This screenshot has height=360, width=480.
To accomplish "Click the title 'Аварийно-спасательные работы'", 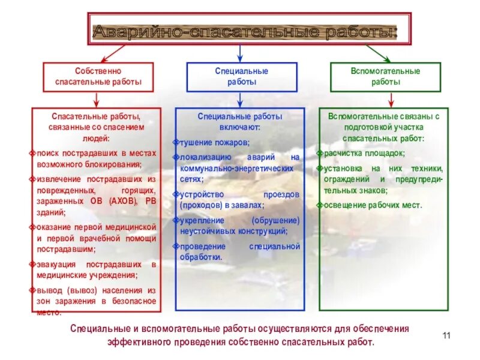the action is (x=244, y=31).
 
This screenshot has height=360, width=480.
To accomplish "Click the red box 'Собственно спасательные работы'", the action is (x=98, y=76).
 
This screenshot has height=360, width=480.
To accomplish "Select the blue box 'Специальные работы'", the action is (x=241, y=76).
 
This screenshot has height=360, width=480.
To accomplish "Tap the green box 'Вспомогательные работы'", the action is (x=385, y=76).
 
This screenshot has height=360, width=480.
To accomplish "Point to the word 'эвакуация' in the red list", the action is (x=56, y=265).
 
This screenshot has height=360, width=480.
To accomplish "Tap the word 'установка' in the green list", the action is (x=344, y=169).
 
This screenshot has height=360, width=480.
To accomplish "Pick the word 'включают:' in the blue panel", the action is (x=239, y=127).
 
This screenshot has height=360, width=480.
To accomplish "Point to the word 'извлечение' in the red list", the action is (x=57, y=179).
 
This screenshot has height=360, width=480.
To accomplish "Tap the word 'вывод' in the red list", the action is (x=48, y=290).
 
